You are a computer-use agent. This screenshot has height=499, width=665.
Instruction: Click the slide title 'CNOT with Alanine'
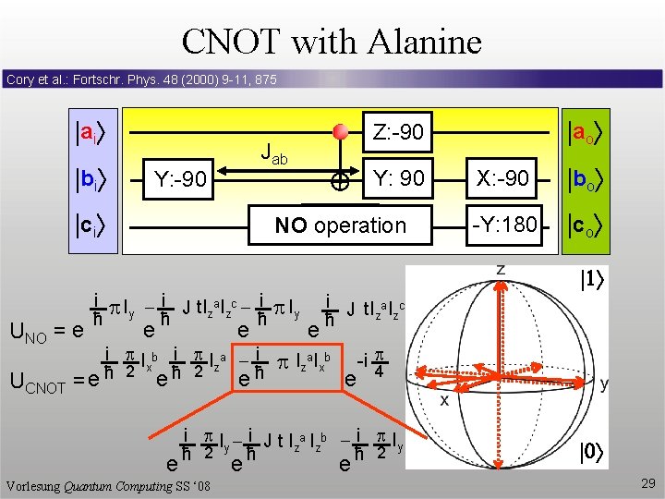(332, 42)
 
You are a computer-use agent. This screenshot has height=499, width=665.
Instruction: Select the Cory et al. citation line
(141, 80)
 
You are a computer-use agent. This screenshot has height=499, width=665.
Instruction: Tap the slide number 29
(646, 483)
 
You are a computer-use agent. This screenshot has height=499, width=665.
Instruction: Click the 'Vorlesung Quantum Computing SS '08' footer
(110, 486)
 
